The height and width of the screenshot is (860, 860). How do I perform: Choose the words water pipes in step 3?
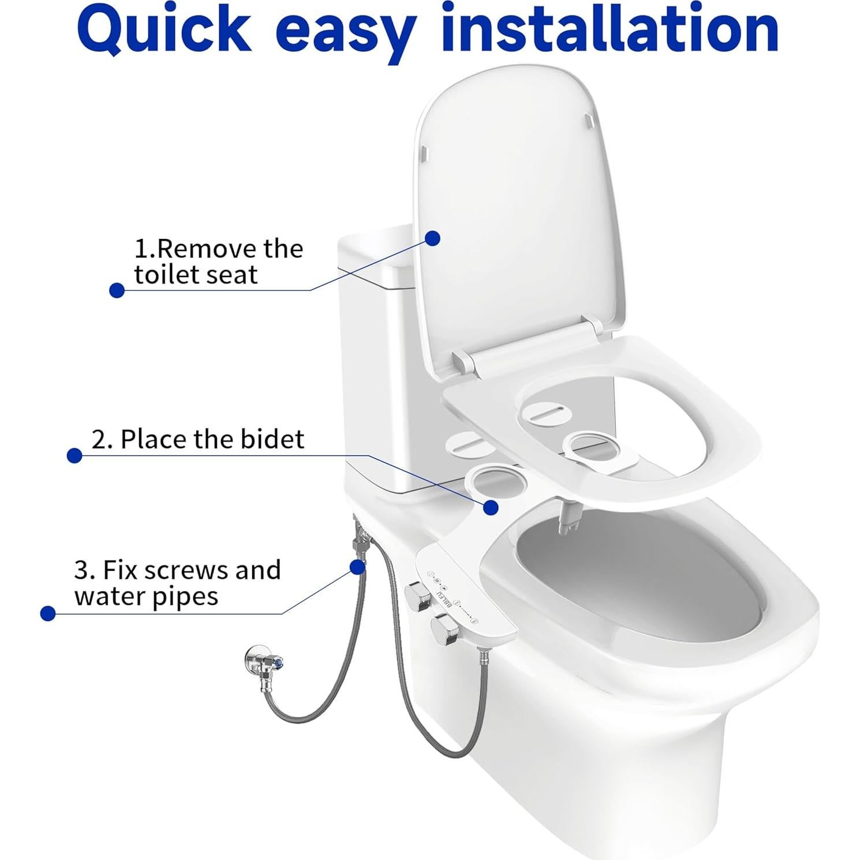[x=146, y=596]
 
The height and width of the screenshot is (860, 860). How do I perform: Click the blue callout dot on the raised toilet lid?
[x=432, y=238]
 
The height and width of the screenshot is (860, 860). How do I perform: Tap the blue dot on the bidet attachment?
[x=491, y=507]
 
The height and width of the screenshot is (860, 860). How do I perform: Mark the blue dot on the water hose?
[x=358, y=567]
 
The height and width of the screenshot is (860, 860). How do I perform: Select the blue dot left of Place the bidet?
[x=74, y=455]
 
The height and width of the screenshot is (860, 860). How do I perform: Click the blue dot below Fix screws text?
[x=48, y=614]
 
